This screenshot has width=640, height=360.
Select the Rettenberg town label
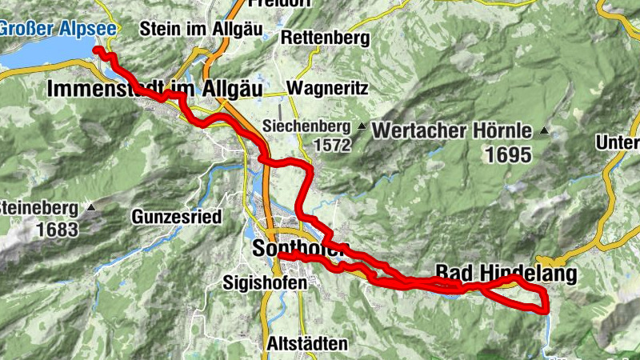coord(325,38)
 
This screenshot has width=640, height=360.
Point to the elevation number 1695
coord(506,155)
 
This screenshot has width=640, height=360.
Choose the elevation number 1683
coord(57,230)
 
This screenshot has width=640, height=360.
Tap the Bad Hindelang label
coord(506,273)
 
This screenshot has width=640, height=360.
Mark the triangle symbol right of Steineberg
coord(90,208)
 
